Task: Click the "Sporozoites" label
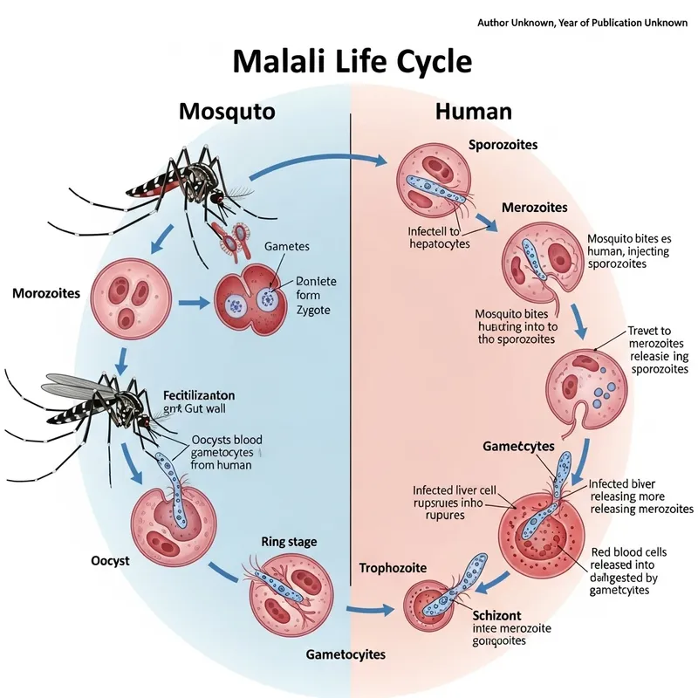point(503,144)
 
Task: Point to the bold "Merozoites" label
point(535,208)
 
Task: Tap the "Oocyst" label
point(109,560)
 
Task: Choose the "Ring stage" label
point(289,542)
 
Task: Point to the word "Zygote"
point(314,311)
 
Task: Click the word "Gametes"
point(286,248)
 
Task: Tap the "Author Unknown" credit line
point(582,22)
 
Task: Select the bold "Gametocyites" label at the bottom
point(346,654)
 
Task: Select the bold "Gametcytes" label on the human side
point(518,446)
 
